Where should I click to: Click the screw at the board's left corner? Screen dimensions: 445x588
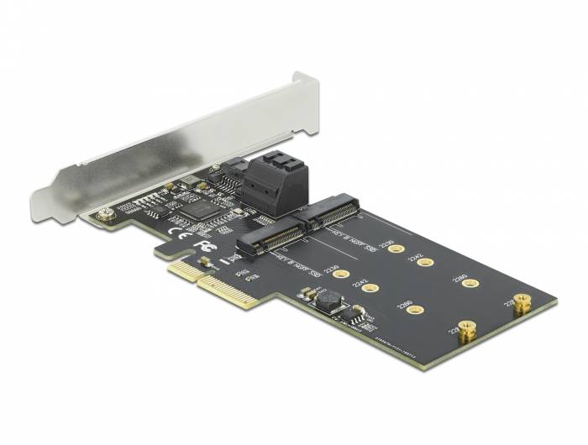click(x=105, y=216)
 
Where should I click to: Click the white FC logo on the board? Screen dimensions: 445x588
click(x=201, y=239)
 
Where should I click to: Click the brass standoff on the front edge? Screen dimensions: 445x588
click(x=467, y=331)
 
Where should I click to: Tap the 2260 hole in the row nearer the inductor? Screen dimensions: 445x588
click(x=412, y=311)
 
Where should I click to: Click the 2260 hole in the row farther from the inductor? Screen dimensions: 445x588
click(x=470, y=283)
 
